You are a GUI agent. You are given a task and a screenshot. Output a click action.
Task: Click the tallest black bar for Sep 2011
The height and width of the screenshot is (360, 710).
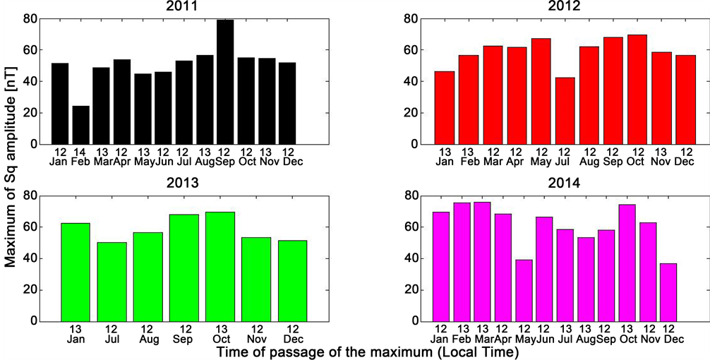tap(226, 82)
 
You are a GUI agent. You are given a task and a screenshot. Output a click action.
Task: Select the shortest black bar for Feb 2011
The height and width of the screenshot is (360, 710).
tap(81, 125)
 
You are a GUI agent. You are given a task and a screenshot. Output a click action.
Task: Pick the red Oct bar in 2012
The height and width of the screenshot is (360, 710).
tap(637, 89)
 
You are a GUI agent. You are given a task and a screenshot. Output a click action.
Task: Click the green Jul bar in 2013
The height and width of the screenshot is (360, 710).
tap(112, 282)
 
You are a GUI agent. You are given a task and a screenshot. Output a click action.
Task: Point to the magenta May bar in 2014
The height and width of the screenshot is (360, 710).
tap(524, 290)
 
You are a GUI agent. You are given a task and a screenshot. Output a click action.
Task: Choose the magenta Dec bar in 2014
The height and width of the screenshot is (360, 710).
tap(668, 292)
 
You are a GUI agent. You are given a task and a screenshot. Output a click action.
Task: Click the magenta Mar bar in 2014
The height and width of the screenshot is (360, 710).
tap(482, 261)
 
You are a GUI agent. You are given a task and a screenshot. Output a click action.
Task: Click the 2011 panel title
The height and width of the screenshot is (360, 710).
tap(176, 6)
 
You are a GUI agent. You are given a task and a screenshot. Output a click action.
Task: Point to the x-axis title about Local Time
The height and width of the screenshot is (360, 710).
tap(368, 352)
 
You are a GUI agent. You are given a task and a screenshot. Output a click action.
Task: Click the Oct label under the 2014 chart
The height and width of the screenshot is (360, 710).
tap(626, 340)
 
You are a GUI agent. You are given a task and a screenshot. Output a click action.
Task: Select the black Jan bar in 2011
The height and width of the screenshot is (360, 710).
tap(60, 104)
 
